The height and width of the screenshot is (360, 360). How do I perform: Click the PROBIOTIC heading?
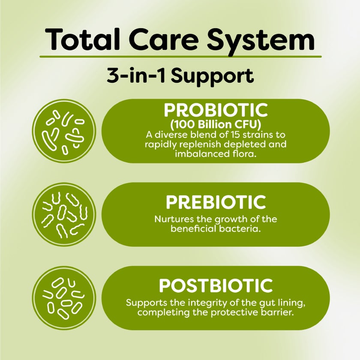(x=216, y=110)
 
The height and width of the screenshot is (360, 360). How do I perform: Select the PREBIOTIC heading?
(x=216, y=202)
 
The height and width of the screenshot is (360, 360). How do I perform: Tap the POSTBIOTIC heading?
(x=216, y=285)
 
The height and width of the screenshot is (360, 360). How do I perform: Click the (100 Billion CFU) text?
(x=216, y=125)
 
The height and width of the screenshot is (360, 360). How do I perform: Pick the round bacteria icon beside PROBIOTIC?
(x=64, y=131)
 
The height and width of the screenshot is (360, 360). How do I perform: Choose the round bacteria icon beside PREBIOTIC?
(x=64, y=214)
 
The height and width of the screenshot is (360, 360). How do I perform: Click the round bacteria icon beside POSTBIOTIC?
(x=64, y=298)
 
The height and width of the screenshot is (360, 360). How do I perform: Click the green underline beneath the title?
(x=180, y=57)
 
